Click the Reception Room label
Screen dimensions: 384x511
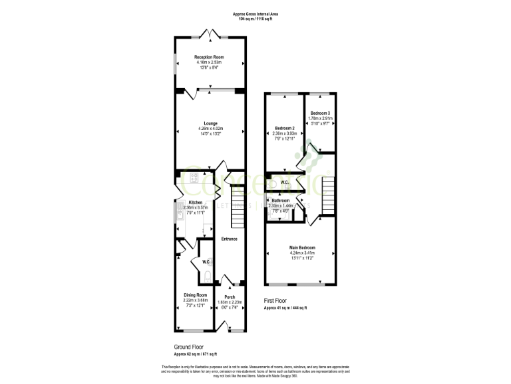pos(209,57)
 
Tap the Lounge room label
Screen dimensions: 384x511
pos(210,123)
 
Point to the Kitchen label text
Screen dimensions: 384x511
pos(195,202)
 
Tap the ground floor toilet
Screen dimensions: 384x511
pos(207,275)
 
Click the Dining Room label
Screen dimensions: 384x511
pos(195,295)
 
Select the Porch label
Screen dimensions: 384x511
pos(230,297)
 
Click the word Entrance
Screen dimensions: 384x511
pos(230,239)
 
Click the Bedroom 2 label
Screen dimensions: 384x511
pos(285,128)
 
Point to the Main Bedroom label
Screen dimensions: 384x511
pos(302,248)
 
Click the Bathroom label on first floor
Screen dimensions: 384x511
pos(279,201)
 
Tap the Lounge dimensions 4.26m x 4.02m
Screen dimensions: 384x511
pos(210,129)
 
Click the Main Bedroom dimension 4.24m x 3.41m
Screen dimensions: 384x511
pos(302,253)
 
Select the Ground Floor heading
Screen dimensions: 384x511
pos(190,347)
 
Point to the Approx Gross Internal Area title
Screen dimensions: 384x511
pos(255,13)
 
